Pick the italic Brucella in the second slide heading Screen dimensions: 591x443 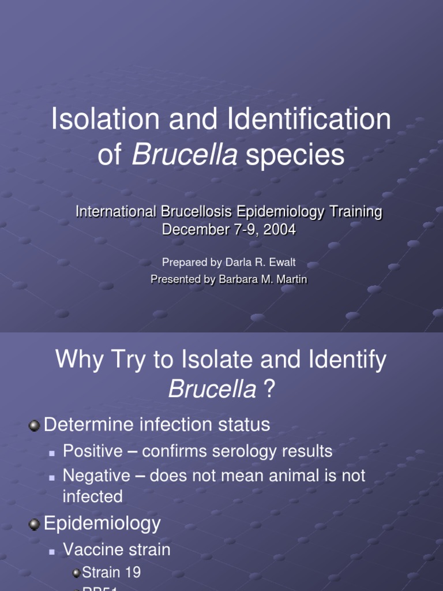tap(212, 391)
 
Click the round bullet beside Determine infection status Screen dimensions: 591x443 tap(35, 426)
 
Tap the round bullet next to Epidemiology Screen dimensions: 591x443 tap(35, 525)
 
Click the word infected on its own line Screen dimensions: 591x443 tap(92, 497)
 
